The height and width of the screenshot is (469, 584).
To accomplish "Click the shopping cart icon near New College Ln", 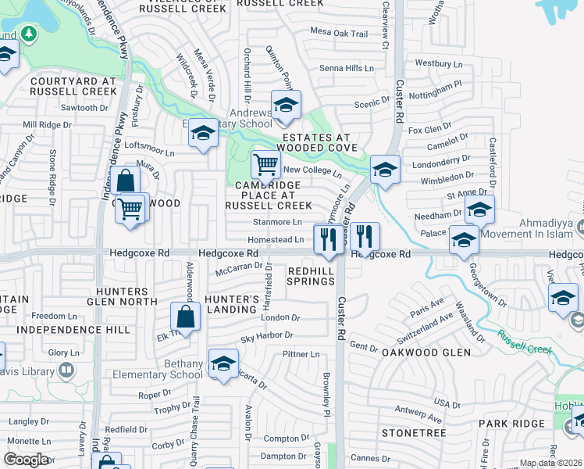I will click(266, 165).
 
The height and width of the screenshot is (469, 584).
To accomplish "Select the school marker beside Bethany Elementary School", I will click(223, 363).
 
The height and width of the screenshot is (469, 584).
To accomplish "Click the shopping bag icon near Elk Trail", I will click(186, 317).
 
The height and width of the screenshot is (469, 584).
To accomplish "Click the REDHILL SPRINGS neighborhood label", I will click(311, 275).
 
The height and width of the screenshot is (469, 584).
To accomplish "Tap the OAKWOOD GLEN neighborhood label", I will click(426, 353).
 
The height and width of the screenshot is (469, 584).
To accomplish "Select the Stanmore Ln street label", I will click(270, 222).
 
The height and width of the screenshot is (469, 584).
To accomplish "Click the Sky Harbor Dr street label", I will click(266, 336).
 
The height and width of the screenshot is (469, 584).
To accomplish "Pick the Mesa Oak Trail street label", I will click(339, 34).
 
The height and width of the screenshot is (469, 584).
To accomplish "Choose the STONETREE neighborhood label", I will click(413, 432).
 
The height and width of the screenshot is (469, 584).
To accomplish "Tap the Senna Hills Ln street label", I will click(347, 69).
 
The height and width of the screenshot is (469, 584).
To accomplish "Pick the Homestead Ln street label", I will click(275, 240).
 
